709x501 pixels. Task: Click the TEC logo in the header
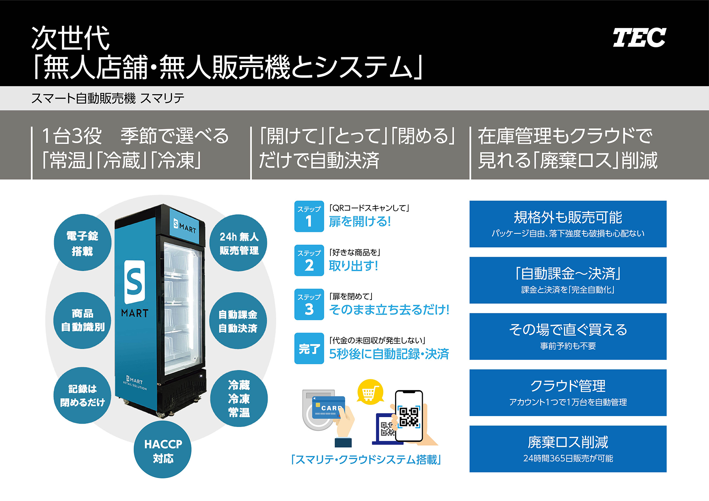tap(639, 37)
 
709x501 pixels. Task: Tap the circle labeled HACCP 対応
tap(163, 450)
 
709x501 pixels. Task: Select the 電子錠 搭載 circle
tap(82, 243)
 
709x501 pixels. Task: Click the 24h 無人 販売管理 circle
tap(239, 243)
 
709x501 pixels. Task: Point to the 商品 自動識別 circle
tap(82, 320)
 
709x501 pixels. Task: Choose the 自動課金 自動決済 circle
tap(238, 321)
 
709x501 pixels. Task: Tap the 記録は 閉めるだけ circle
tap(82, 395)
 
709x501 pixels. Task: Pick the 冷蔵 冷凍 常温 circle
tap(239, 398)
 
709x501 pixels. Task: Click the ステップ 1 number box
tap(309, 216)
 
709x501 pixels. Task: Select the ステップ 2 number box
tap(309, 260)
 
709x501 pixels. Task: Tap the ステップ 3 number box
tap(309, 304)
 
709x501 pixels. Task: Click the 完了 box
tap(309, 348)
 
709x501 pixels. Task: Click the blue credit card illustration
tap(328, 408)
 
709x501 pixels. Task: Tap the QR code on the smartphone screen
tap(409, 416)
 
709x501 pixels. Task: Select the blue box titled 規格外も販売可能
tap(568, 224)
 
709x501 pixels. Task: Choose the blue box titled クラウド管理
tap(568, 393)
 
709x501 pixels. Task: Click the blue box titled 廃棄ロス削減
tap(568, 449)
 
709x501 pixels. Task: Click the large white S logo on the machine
tap(134, 282)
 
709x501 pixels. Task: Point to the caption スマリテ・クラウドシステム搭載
tap(366, 460)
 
